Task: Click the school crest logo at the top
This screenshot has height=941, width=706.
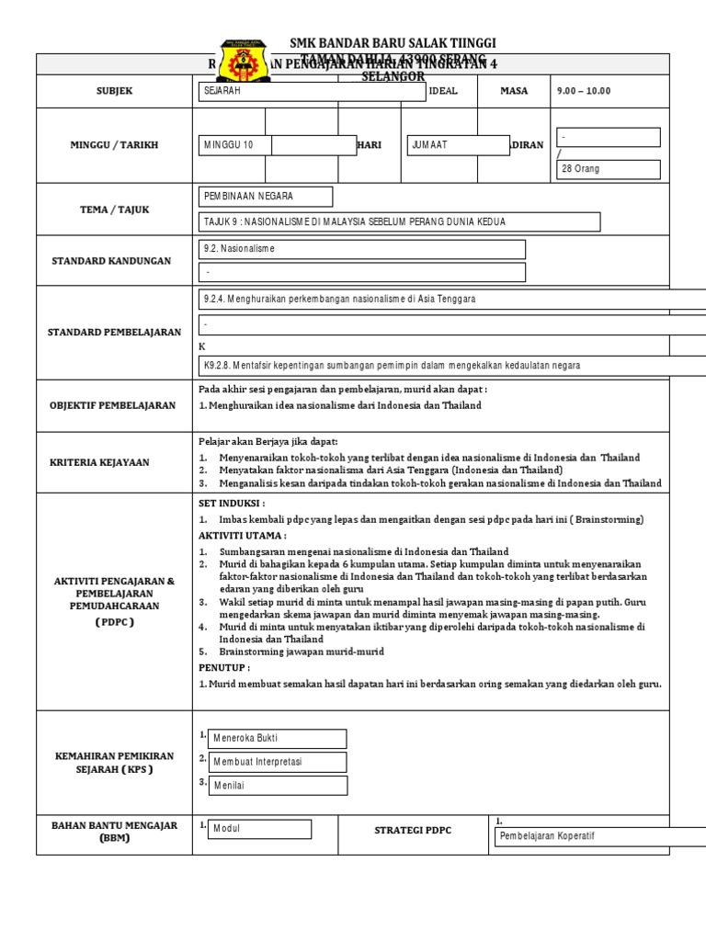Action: point(245,61)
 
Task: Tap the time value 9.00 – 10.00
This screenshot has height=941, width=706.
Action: point(584,91)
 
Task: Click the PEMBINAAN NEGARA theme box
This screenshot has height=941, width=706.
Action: point(267,198)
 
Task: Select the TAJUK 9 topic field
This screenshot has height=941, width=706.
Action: point(400,222)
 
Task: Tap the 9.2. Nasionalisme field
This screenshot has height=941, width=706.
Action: point(362,249)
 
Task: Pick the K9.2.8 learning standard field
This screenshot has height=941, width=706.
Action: point(455,365)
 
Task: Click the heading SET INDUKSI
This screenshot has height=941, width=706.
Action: point(232,504)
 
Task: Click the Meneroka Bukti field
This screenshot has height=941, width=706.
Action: point(277,739)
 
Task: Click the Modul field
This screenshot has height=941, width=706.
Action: point(259,829)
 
